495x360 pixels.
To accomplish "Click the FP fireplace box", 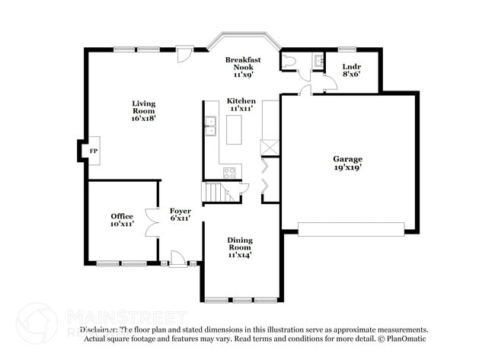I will [93, 151].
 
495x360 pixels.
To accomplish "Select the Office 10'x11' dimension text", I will [122, 225].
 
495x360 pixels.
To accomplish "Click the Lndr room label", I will [351, 66].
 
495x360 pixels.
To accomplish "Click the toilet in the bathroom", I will [289, 62].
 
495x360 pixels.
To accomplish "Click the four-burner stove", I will [230, 172].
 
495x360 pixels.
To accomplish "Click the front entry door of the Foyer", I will [177, 261].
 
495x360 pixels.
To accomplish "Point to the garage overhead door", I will [351, 229].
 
